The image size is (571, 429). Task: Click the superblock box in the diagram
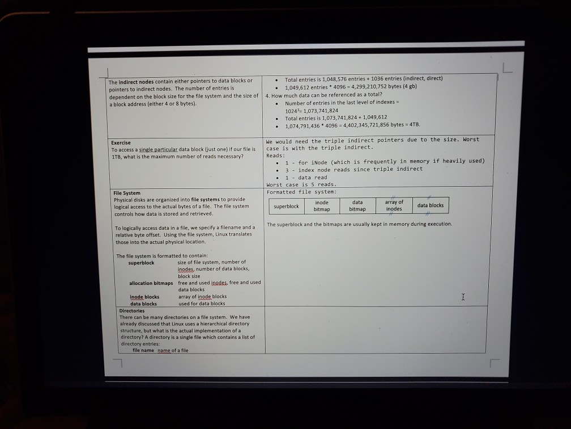coord(286,206)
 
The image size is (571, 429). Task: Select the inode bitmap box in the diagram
coord(322,205)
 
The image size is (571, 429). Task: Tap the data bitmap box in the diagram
coord(357,205)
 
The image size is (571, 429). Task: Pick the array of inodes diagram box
coord(394,205)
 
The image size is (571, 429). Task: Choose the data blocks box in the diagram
coord(431,205)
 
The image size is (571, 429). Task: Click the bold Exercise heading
coord(121,142)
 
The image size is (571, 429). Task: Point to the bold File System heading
coord(127,193)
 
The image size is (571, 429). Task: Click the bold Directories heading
coord(132,310)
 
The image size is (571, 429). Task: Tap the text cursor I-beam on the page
coord(463,297)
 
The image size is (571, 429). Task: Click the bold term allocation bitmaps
coord(151,283)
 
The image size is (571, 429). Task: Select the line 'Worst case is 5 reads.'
coord(301,184)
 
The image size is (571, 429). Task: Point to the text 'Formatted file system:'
coord(301,192)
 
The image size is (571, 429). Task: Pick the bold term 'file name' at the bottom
coord(143,350)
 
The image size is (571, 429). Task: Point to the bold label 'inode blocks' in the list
coord(144,296)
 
